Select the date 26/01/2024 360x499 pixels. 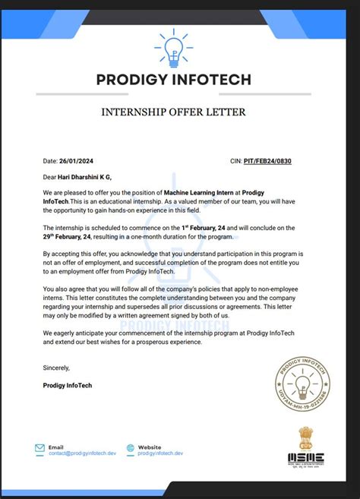click(78, 161)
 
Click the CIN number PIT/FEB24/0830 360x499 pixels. click(267, 161)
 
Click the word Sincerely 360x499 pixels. click(56, 368)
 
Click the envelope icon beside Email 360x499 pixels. click(39, 449)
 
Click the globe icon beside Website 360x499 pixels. click(131, 449)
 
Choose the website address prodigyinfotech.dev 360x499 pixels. click(161, 453)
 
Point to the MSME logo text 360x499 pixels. click(305, 458)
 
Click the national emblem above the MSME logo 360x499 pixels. click(305, 438)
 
